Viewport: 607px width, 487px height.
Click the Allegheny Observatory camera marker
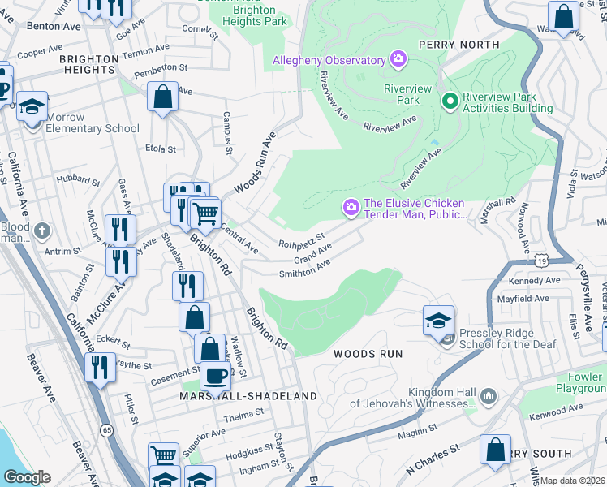click(x=398, y=59)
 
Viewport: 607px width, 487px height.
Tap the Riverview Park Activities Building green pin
click(x=450, y=101)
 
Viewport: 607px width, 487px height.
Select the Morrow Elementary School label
click(x=92, y=123)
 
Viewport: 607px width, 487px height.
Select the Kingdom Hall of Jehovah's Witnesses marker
click(x=488, y=396)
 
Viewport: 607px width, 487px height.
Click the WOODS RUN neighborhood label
click(x=368, y=354)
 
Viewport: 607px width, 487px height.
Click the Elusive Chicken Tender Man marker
click(x=351, y=209)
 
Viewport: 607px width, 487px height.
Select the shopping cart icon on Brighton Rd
click(x=206, y=214)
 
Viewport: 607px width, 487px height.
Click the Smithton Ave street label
click(x=304, y=269)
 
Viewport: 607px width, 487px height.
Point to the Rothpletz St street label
click(x=301, y=242)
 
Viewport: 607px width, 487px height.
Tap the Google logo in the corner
click(x=27, y=477)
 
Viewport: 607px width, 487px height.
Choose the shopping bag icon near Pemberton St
click(x=163, y=97)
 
